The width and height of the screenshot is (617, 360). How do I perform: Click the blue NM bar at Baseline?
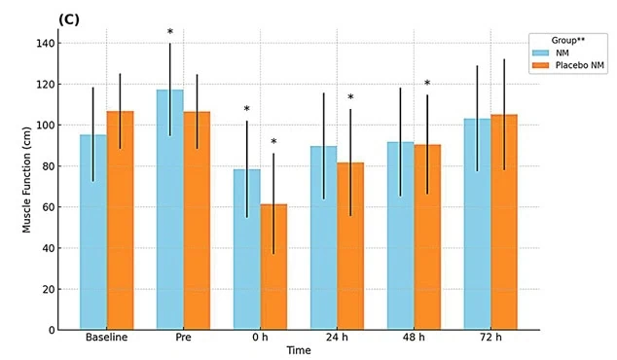click(x=93, y=233)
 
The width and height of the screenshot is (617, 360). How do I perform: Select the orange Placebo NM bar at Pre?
click(x=197, y=221)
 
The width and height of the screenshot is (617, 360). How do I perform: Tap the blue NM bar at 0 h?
click(x=247, y=249)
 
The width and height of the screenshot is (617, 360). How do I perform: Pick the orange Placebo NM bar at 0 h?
click(x=273, y=267)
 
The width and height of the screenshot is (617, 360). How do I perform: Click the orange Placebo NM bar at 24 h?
click(x=350, y=246)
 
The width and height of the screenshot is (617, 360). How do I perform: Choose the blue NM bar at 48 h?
click(x=401, y=235)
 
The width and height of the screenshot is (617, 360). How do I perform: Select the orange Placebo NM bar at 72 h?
click(x=504, y=222)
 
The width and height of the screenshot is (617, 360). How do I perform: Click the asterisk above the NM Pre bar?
click(x=170, y=32)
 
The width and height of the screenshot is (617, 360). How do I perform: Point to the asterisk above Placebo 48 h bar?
click(x=427, y=83)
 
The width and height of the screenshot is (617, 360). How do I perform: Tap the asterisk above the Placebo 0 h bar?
click(x=273, y=142)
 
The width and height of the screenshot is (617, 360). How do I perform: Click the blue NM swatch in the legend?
click(x=540, y=53)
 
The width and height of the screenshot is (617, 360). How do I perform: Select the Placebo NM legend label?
click(x=580, y=65)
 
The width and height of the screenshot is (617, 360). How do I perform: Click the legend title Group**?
click(x=567, y=40)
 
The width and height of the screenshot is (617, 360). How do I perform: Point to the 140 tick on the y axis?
click(x=46, y=43)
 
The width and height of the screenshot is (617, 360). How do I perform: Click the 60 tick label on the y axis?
click(x=49, y=207)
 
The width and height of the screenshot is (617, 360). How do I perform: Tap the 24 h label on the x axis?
click(x=337, y=338)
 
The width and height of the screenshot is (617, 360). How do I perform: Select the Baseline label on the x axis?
click(x=107, y=338)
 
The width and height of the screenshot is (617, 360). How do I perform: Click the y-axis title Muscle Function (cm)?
click(x=26, y=180)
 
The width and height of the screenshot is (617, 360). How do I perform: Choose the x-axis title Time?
click(x=299, y=350)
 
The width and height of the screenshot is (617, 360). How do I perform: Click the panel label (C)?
click(x=69, y=19)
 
